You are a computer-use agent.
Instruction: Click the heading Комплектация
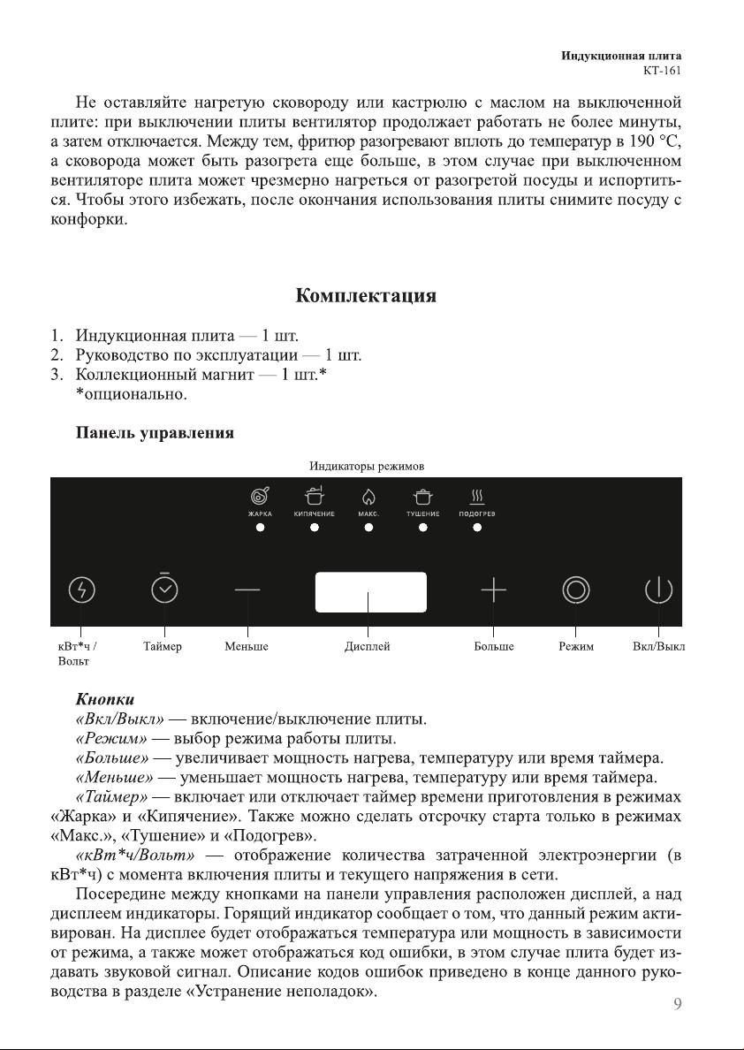(365, 295)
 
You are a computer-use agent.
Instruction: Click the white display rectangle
(371, 591)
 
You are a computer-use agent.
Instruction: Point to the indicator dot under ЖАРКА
(260, 528)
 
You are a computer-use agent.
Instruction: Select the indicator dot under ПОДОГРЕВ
(477, 528)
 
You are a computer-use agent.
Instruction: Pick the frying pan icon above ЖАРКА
(260, 497)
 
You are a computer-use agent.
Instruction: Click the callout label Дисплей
(368, 647)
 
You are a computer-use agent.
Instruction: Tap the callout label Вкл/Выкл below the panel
(659, 647)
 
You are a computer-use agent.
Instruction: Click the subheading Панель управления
(156, 433)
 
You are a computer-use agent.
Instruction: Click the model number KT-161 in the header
(662, 71)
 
